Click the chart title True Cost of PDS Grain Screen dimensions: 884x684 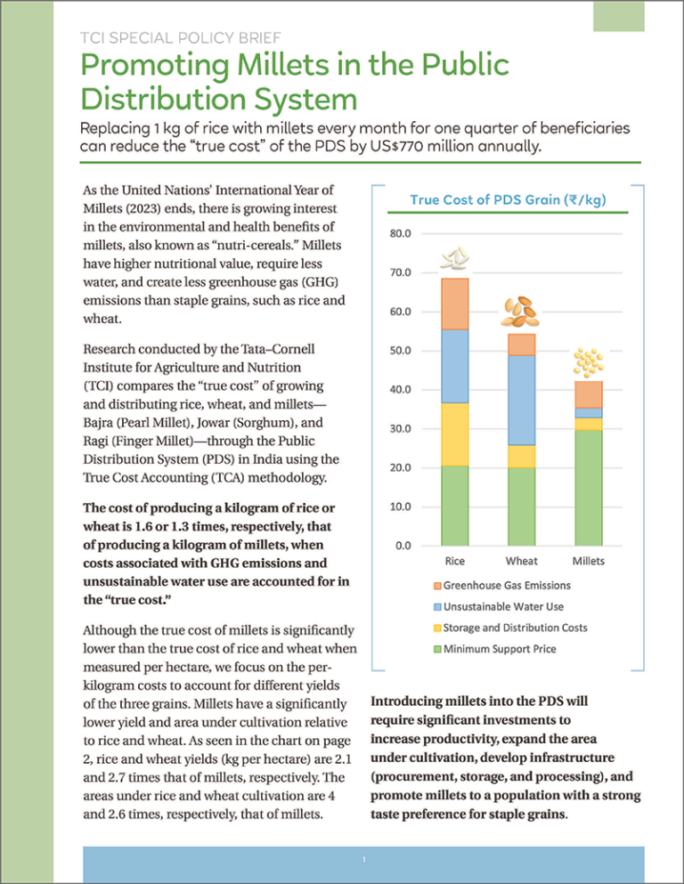pos(508,199)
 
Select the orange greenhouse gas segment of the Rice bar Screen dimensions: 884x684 pos(454,304)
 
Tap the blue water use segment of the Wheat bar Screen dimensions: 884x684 pos(521,400)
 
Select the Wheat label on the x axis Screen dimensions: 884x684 pos(521,562)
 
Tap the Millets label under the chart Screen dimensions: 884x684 pos(588,562)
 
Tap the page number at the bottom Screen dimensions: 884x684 pos(365,859)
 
